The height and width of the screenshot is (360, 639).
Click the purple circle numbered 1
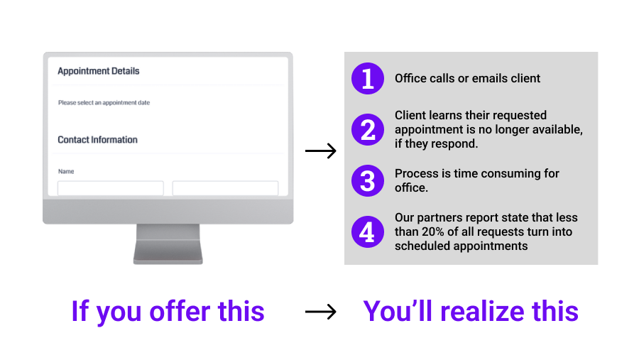tap(367, 78)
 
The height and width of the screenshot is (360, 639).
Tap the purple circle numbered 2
tap(367, 129)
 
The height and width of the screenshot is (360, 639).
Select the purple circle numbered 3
tap(367, 180)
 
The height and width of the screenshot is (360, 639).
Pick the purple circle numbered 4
tap(367, 231)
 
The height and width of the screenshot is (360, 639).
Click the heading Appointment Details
tap(98, 71)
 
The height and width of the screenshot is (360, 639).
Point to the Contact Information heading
tap(97, 140)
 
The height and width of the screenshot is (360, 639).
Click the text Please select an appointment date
tap(104, 103)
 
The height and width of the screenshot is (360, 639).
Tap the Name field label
tap(66, 171)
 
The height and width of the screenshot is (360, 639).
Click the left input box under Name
tap(111, 188)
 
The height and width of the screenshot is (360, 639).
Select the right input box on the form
tap(225, 188)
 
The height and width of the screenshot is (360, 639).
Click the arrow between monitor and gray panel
tap(320, 151)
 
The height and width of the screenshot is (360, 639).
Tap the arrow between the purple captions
tap(320, 312)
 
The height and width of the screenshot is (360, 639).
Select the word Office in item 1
tap(411, 78)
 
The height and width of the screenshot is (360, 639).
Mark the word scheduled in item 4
tap(422, 246)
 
